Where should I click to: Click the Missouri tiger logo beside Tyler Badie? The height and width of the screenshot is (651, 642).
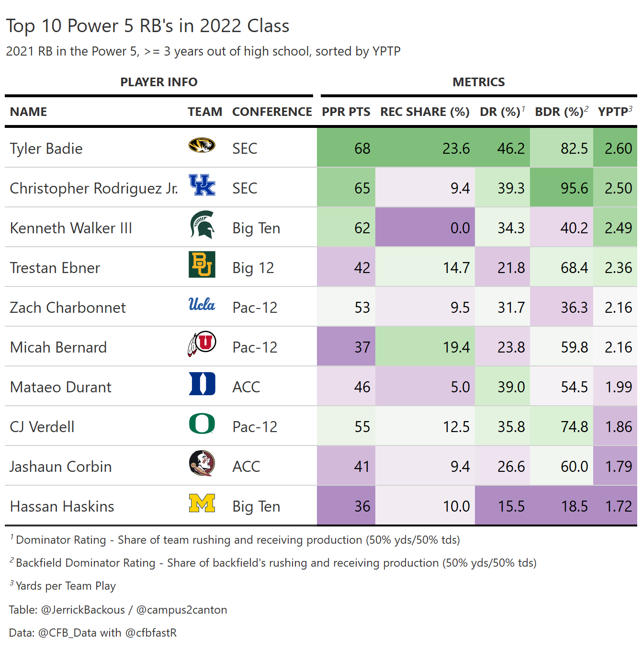pos(202,145)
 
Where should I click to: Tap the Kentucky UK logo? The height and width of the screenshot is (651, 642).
pos(202,185)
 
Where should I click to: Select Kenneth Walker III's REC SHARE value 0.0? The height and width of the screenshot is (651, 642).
pos(460,228)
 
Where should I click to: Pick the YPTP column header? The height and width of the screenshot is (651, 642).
pos(614,112)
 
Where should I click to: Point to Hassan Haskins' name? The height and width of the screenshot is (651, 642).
pos(62,506)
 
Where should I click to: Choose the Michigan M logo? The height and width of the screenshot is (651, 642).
pos(202,503)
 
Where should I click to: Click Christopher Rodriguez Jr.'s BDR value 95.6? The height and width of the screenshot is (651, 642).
pos(574,188)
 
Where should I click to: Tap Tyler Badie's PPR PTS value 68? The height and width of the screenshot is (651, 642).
pos(362,148)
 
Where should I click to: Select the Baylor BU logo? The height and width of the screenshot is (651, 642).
pos(202,264)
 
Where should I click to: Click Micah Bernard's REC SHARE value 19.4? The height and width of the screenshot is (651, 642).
pos(456,347)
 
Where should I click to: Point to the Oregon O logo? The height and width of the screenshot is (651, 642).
pos(202,423)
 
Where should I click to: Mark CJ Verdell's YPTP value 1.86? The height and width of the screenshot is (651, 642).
pos(618,427)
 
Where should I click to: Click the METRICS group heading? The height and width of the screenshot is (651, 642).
pos(478,82)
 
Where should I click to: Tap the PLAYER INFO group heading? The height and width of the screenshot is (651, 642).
pos(158,82)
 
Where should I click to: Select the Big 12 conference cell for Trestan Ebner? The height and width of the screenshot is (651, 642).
pos(253,268)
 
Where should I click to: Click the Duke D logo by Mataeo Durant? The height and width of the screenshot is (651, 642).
pos(202,384)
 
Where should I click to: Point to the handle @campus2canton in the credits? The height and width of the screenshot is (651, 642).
pos(181,610)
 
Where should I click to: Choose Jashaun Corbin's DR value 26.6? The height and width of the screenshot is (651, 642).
pos(511,467)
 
